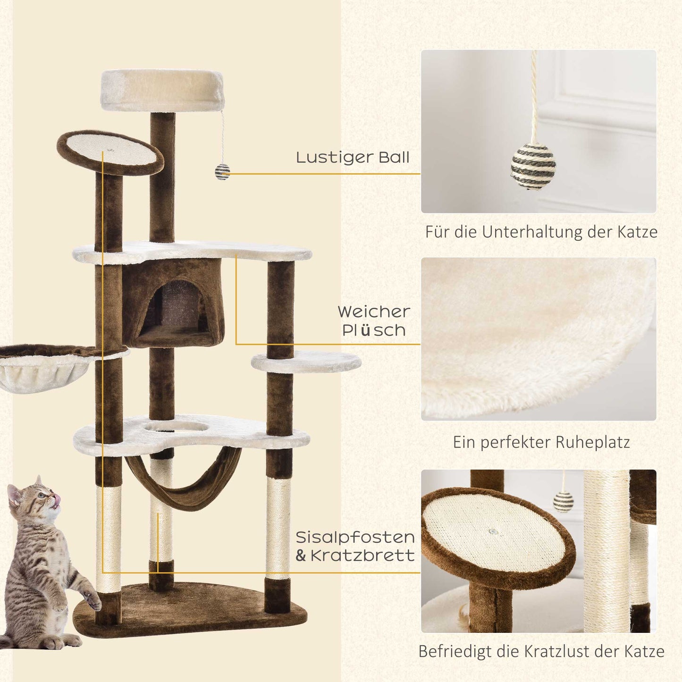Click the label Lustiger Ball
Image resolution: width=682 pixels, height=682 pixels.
[x=353, y=157]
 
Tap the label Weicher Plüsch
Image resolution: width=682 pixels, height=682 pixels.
[x=374, y=321]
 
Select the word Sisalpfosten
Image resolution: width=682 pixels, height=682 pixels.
[x=355, y=538]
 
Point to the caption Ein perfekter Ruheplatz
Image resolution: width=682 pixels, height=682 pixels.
[x=541, y=443]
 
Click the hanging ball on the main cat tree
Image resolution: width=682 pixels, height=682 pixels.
[x=222, y=172]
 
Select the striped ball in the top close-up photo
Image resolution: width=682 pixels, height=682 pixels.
[x=533, y=167]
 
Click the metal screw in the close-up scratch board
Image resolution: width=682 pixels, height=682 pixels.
[x=494, y=531]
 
